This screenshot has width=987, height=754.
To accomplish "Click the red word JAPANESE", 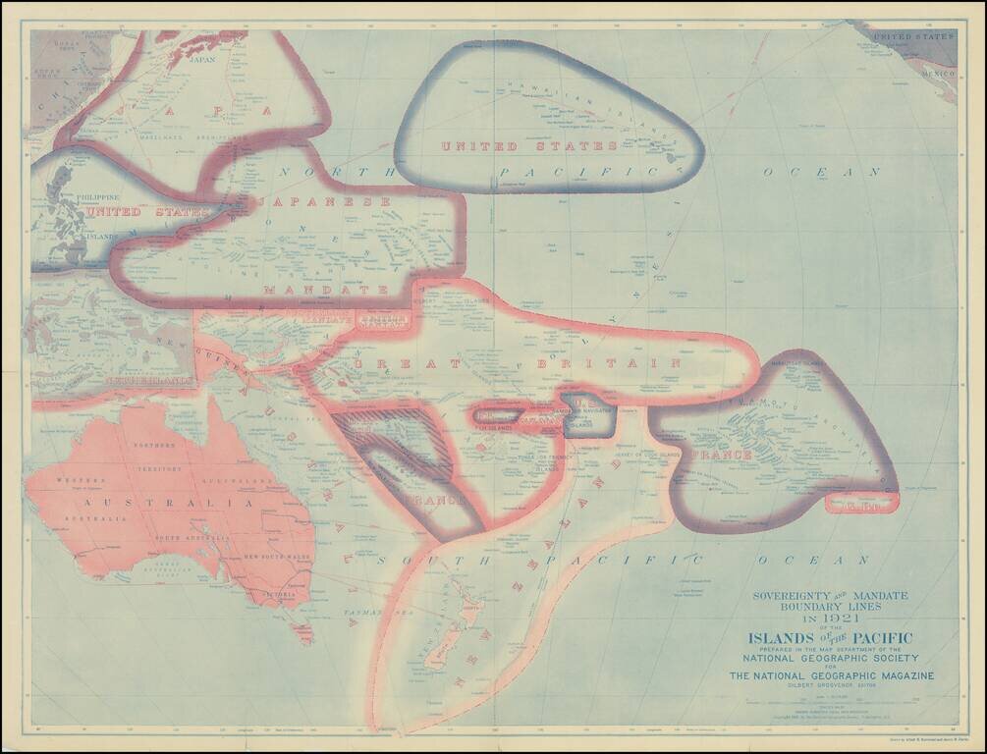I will pyautogui.click(x=324, y=201).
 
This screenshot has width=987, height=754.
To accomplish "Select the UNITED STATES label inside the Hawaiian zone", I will pyautogui.click(x=528, y=146).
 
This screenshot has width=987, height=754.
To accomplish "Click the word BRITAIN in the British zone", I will pyautogui.click(x=608, y=363).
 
